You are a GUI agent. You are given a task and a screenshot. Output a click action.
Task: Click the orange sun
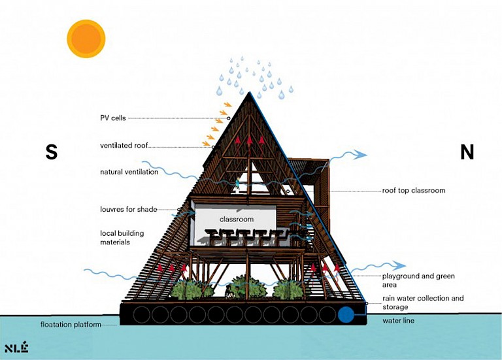point(86,39)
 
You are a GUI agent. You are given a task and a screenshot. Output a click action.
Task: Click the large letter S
point(52,152)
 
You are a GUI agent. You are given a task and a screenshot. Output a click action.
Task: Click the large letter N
point(467,152)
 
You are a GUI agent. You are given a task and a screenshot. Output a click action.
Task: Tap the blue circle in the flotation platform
point(346,314)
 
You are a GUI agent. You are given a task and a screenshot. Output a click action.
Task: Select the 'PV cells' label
point(113,118)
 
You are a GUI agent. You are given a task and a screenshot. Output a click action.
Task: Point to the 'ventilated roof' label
point(124,146)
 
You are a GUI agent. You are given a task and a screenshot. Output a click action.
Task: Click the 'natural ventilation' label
point(129,172)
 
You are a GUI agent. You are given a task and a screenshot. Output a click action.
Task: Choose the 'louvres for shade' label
point(128,209)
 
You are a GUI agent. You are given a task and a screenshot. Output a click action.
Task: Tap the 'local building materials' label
point(122,237)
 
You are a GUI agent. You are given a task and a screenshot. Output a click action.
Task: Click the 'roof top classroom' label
point(414,190)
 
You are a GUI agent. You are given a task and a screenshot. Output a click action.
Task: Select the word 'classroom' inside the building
point(237,219)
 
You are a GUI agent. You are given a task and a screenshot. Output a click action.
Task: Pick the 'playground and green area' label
point(418,280)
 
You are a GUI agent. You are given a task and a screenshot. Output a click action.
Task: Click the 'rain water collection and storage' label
point(423,303)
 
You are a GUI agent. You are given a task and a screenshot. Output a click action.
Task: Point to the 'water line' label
point(398,320)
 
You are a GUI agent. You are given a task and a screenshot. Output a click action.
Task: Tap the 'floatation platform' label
point(71,325)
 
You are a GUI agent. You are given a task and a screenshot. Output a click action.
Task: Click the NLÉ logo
point(16,348)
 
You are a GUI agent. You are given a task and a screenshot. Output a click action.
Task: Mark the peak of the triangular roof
point(250,92)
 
